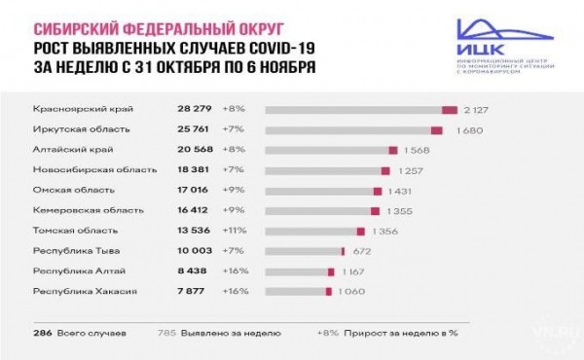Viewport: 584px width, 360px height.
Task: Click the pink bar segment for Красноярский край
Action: pyautogui.click(x=449, y=109)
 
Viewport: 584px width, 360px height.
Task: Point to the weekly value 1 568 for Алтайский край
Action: pyautogui.click(x=420, y=150)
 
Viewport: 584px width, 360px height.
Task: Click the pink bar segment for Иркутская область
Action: pyautogui.click(x=436, y=129)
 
